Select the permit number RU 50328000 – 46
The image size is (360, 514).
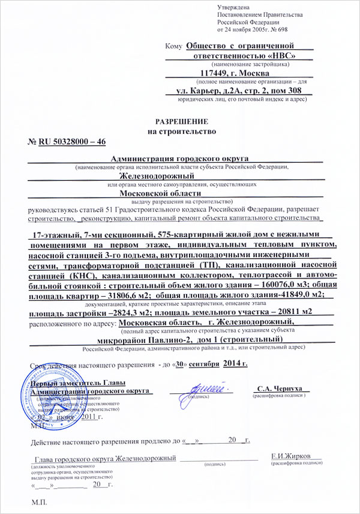coord(73,142)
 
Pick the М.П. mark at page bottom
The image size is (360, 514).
coord(37,501)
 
